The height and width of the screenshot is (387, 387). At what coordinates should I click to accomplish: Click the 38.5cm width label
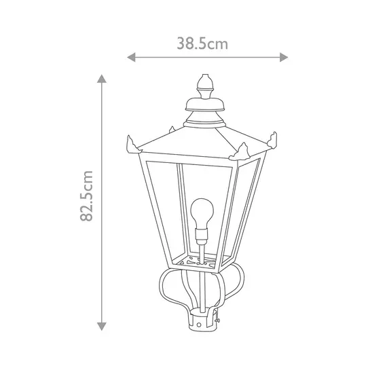[202, 44]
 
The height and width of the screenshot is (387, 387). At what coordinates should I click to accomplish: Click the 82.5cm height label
[86, 197]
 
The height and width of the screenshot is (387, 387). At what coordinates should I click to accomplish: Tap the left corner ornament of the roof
[131, 144]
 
